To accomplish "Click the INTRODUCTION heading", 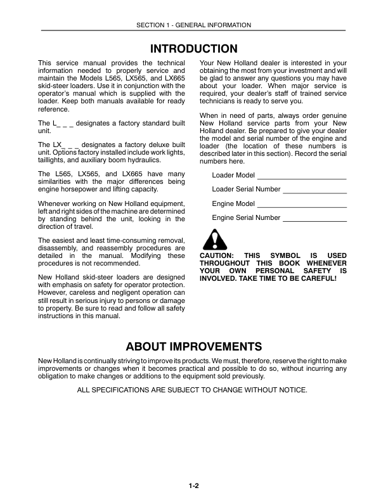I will [193, 49].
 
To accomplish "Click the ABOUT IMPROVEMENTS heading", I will [193, 347].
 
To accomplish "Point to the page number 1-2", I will [193, 486].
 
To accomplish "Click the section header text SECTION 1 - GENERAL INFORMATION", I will [193, 25].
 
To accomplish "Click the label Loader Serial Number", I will [246, 189].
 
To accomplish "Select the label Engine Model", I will [233, 203].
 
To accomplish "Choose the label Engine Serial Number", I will [246, 217].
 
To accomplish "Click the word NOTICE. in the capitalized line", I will [293, 390].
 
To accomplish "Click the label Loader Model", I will [233, 175].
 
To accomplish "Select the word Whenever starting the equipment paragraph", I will [56, 203].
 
